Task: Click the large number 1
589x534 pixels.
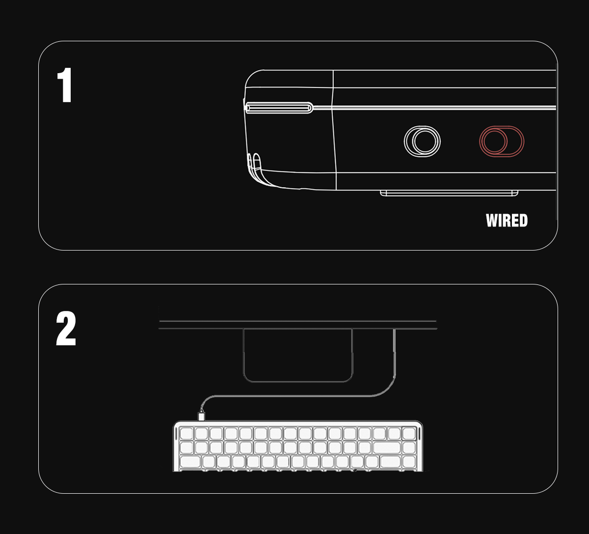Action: click(65, 85)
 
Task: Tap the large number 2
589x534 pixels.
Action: click(66, 328)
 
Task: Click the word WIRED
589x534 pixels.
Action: click(507, 221)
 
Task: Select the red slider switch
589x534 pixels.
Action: click(502, 141)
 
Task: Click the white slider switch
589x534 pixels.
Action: click(422, 141)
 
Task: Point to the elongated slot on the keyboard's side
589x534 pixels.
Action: click(279, 108)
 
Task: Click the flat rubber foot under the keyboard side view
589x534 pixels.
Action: click(449, 193)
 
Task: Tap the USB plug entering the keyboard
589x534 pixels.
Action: click(201, 416)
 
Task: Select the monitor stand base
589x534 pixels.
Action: click(298, 356)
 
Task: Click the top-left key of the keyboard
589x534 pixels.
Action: click(187, 433)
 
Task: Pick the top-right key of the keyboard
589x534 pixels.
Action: click(409, 433)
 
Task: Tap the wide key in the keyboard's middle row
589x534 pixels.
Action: click(387, 448)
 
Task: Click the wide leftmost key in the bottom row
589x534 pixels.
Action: click(190, 462)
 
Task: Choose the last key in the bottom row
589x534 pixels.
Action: click(409, 462)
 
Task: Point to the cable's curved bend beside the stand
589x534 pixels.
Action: click(387, 389)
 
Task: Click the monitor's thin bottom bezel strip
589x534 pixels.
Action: click(298, 325)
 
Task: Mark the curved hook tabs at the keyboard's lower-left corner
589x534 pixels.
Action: click(254, 165)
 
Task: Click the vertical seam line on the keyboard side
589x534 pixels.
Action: click(334, 130)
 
